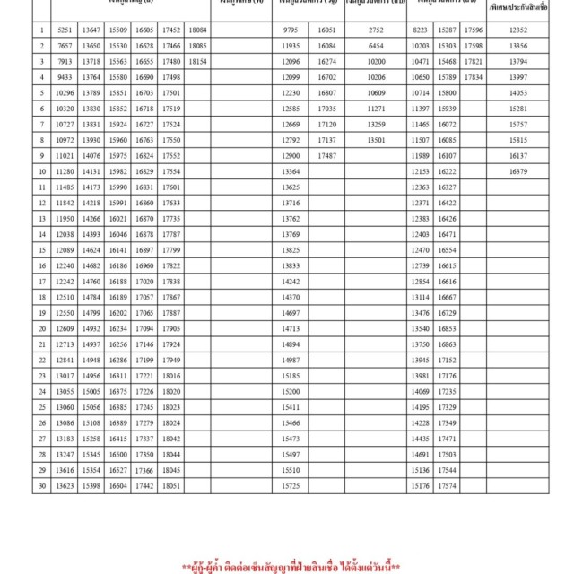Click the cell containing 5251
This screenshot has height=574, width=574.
pyautogui.click(x=64, y=30)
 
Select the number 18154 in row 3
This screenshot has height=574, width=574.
pyautogui.click(x=199, y=61)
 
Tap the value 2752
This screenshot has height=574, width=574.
pyautogui.click(x=376, y=30)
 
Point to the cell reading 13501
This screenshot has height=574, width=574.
pyautogui.click(x=376, y=140)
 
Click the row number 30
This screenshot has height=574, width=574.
pyautogui.click(x=42, y=485)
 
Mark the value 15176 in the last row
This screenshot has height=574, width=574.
pyautogui.click(x=420, y=485)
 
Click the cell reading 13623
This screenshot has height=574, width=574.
pyautogui.click(x=64, y=485)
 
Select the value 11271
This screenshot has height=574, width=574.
pyautogui.click(x=376, y=109)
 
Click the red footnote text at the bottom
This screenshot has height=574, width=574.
pyautogui.click(x=290, y=567)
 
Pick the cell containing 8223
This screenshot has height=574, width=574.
pyautogui.click(x=420, y=30)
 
